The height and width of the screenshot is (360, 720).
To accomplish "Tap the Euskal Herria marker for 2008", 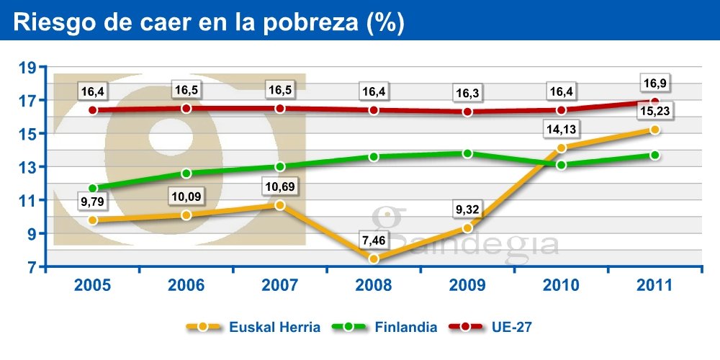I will (374, 258).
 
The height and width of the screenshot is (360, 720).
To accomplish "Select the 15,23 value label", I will (654, 112).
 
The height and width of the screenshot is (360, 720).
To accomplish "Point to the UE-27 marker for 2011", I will (654, 102).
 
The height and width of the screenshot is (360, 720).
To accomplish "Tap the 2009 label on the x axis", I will (467, 284).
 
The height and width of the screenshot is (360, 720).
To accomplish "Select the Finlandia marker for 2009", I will (467, 153).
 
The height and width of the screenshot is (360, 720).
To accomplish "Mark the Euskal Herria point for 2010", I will (561, 148).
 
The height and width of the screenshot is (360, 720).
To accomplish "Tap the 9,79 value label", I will (92, 202).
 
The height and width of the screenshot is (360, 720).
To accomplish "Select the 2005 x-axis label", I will (92, 284).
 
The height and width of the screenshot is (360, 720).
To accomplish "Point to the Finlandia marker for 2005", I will (92, 188).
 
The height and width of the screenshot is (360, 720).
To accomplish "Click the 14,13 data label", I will (561, 130).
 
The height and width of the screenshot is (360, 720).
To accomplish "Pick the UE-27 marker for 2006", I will (186, 108).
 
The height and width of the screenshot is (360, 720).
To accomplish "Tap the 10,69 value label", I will (279, 187).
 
